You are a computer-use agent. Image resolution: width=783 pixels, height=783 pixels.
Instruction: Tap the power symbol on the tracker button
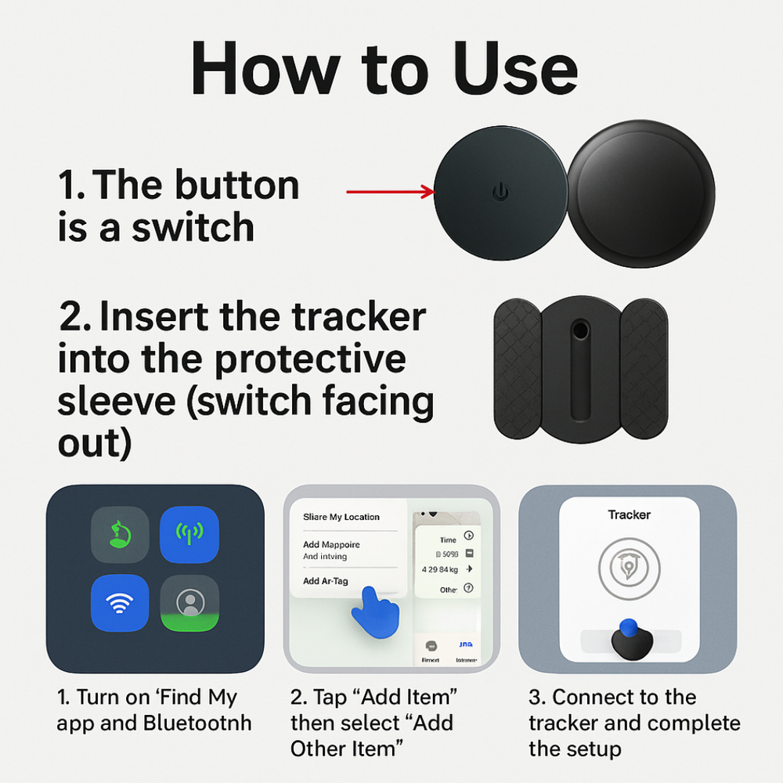pos(500,190)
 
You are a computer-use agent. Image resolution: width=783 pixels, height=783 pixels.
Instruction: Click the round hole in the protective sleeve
pos(581,330)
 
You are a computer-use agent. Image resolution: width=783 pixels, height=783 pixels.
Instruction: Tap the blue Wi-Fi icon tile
pos(120,604)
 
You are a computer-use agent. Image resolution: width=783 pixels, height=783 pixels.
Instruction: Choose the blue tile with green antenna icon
pos(189,535)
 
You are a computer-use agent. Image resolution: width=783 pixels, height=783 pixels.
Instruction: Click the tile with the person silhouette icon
pos(189,604)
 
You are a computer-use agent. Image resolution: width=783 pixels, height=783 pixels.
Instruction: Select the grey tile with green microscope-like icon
pos(120,535)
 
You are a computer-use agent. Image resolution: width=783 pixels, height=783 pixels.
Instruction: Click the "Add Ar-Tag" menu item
pos(326,581)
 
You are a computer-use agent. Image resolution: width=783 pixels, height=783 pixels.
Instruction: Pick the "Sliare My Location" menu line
pos(341,517)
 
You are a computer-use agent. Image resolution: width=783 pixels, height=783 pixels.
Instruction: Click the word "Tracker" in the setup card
pos(630,514)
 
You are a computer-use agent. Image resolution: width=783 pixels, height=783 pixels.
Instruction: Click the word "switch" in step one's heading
pos(193,228)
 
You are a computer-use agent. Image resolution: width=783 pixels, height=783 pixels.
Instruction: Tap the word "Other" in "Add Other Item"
pos(325,749)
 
